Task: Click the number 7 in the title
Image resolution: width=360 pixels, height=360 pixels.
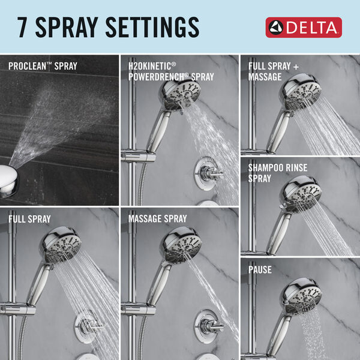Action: pos(25,27)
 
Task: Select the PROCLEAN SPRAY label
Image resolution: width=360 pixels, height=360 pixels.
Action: pos(43,65)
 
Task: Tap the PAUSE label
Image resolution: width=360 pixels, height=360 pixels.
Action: pos(260,270)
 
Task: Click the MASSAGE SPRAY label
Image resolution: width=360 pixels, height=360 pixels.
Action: pos(157,218)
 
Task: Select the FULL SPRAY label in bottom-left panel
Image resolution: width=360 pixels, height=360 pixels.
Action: pos(29,218)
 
